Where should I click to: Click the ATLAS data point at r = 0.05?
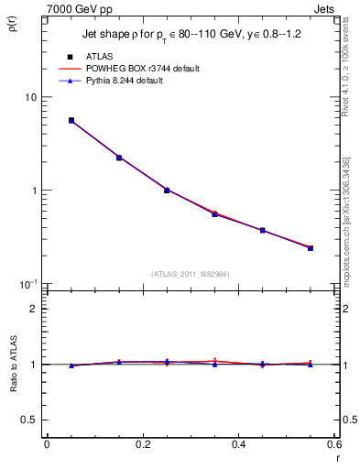pos(71,120)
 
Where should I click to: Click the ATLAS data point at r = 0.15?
pos(119,158)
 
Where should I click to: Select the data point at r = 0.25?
pos(167,190)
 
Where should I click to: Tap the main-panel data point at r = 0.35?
pos(214,213)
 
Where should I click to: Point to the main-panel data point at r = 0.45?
pos(263,230)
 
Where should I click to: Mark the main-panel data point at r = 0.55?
pos(311,248)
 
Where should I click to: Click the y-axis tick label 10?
pos(29,97)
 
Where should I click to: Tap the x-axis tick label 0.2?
pos(142,443)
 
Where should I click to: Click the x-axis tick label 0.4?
pos(238,443)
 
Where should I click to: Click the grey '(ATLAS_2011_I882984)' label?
pos(190,274)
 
